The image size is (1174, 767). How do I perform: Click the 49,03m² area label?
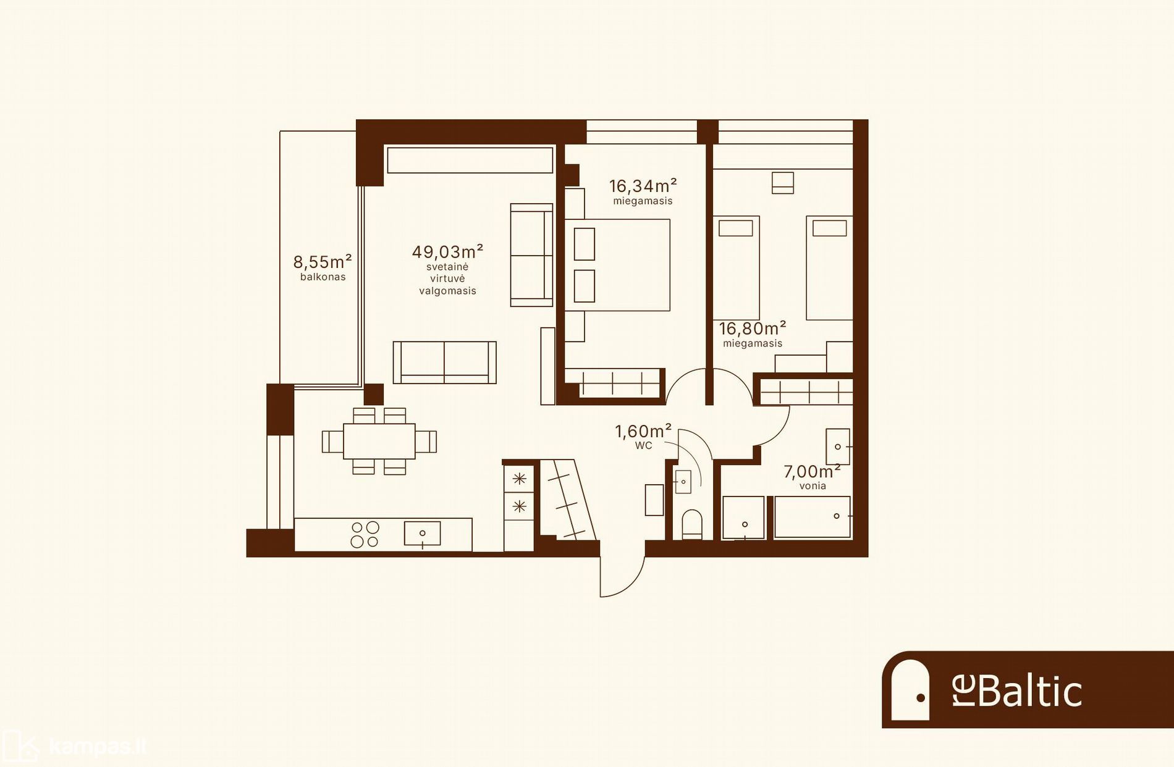click(447, 252)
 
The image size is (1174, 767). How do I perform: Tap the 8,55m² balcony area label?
click(323, 262)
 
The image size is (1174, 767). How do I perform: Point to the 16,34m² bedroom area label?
click(643, 185)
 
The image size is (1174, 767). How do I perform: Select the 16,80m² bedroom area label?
click(753, 329)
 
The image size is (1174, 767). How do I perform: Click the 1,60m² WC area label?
click(643, 431)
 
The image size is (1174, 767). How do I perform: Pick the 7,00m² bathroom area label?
click(813, 472)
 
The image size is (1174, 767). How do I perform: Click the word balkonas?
click(323, 277)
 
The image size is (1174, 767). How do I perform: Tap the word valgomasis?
click(448, 291)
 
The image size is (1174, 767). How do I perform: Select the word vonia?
click(813, 486)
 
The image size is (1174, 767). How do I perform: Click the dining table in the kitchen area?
click(379, 441)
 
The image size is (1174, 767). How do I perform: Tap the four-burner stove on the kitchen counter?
click(365, 535)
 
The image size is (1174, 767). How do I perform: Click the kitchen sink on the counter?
click(423, 533)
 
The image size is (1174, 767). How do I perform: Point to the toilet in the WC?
click(692, 524)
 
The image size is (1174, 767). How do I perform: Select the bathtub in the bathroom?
click(813, 517)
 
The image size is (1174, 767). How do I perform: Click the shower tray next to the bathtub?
click(744, 518)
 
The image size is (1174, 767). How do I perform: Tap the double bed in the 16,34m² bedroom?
click(617, 265)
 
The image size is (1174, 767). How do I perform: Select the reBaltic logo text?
click(1017, 691)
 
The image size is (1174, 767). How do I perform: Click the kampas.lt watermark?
click(97, 747)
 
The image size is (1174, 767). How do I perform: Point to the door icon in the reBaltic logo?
click(910, 689)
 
